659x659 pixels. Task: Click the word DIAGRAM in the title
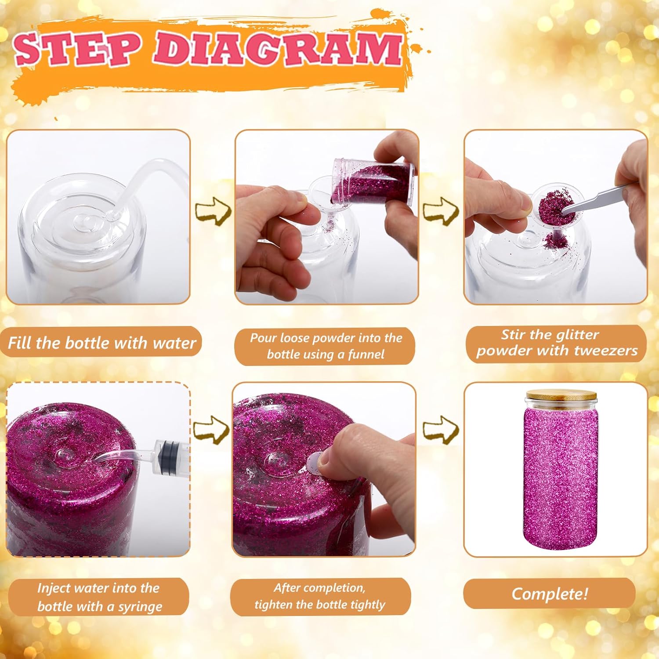[x=277, y=49]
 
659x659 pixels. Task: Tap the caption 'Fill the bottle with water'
[x=101, y=343]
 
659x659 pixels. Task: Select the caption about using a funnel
[x=325, y=346]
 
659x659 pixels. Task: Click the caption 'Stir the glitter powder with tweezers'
[x=556, y=343]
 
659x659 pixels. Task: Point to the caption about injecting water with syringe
[x=99, y=597]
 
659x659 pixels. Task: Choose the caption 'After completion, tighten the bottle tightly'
[x=320, y=596]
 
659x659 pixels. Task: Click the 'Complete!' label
[x=549, y=594]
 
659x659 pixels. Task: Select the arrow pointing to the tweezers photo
[x=441, y=211]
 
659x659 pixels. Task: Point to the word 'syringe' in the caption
[x=140, y=607]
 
